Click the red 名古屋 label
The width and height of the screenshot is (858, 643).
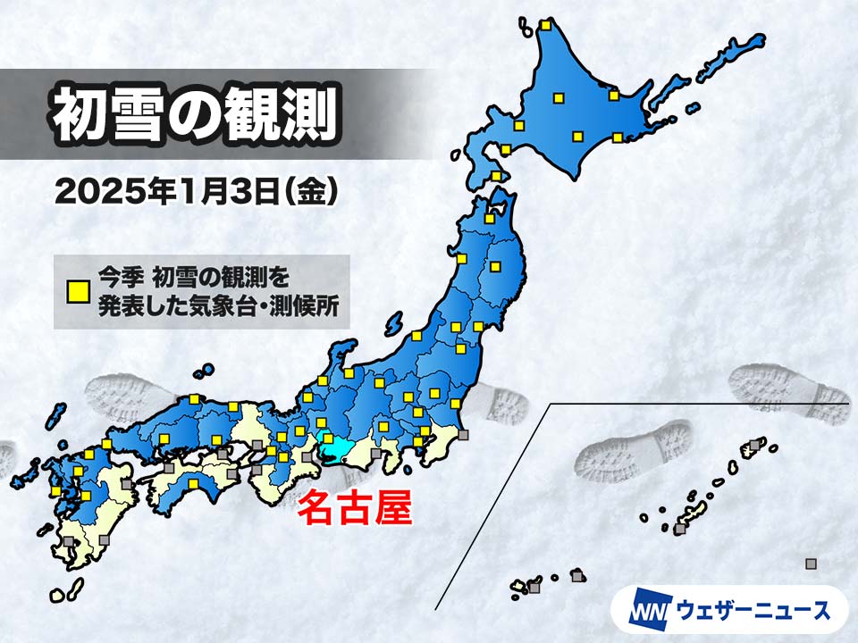point(354,510)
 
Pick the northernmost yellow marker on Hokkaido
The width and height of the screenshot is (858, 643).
point(545,26)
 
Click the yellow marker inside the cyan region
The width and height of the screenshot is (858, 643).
point(327,439)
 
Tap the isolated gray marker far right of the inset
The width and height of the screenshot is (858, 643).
point(811,564)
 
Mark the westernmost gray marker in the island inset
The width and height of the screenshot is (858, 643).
point(534,588)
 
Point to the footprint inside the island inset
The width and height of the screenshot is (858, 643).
point(635,451)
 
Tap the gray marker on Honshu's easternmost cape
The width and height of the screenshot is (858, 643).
point(463,436)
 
